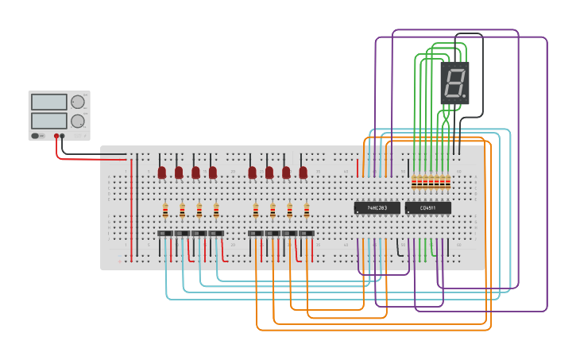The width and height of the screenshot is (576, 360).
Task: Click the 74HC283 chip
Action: point(377,207)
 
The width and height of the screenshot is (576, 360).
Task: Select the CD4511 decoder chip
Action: point(427,207)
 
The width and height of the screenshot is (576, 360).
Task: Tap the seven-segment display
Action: point(454,83)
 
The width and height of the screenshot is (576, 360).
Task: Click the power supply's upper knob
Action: point(77,102)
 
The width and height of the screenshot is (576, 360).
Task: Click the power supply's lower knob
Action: point(77,121)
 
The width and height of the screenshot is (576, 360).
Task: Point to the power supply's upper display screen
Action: point(48,102)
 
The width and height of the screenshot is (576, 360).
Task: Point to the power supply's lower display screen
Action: point(48,121)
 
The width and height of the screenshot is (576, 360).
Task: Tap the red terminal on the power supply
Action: point(56,136)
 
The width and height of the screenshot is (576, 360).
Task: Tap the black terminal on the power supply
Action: point(63,136)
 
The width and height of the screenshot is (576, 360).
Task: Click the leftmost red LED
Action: point(161,172)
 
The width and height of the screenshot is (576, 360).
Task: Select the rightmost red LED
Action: point(303,172)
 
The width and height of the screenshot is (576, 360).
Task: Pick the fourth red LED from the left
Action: point(213,172)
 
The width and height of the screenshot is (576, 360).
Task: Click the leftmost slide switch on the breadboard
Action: point(164,233)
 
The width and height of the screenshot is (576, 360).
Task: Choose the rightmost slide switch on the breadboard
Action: point(306,233)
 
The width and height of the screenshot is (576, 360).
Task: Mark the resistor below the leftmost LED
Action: point(165,211)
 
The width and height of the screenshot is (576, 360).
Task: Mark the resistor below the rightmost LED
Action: point(307,211)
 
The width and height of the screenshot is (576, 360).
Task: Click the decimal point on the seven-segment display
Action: point(465,97)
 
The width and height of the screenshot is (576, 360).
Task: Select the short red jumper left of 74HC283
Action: point(358,168)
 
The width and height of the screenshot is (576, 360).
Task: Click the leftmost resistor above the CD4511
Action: point(414,183)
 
